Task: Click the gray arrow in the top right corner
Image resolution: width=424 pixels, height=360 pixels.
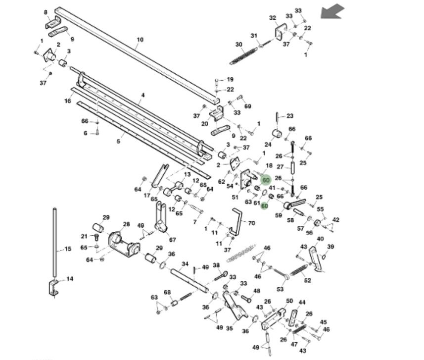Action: (x=332, y=11)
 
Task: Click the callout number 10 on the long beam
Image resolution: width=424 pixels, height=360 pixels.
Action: (x=140, y=40)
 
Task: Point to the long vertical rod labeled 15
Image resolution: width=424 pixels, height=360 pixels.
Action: (x=54, y=243)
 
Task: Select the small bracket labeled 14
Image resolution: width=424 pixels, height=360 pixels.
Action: (x=53, y=288)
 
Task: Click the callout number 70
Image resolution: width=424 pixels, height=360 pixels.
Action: (x=251, y=223)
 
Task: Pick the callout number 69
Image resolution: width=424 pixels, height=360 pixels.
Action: (x=248, y=106)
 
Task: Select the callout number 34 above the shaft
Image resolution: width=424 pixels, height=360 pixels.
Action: (x=185, y=264)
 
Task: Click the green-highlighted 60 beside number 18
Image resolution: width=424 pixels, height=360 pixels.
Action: (x=266, y=181)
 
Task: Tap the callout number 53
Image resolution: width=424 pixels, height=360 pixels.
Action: (x=281, y=289)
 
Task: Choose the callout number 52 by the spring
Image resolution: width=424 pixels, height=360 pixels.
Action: (x=308, y=281)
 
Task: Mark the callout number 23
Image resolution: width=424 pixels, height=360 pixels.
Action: (x=290, y=116)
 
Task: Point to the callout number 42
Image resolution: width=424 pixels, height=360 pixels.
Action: (x=336, y=220)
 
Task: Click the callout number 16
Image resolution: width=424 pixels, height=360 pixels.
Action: (x=68, y=101)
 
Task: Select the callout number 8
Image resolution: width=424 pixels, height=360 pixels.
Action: (x=46, y=12)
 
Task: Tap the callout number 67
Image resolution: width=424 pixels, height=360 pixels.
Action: (x=173, y=240)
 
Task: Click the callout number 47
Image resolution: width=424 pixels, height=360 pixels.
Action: (x=294, y=344)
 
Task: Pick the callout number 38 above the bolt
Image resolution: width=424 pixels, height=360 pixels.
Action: (x=216, y=265)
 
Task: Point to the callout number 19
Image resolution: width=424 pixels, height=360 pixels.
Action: (x=230, y=79)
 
